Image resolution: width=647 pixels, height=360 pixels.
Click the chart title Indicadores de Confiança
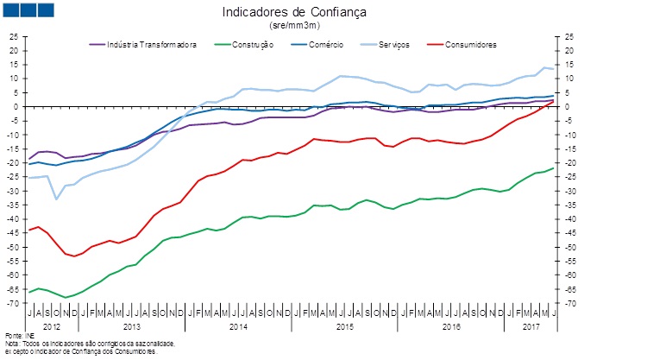click(295, 13)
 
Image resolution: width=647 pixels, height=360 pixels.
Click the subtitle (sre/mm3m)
click(295, 27)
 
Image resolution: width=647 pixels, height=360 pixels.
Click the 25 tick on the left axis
click(13, 36)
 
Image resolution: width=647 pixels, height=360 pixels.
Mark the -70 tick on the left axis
click(11, 304)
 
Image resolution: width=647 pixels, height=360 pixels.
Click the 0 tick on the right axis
click(570, 106)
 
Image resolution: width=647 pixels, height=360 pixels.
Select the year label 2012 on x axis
click(52, 327)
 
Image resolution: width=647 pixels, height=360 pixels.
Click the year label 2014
click(238, 327)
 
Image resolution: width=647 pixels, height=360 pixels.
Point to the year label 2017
click(530, 327)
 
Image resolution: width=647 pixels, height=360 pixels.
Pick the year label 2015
click(344, 327)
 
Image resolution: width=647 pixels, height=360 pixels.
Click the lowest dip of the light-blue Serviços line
click(56, 199)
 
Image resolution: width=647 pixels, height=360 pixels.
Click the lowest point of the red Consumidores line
click(74, 256)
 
